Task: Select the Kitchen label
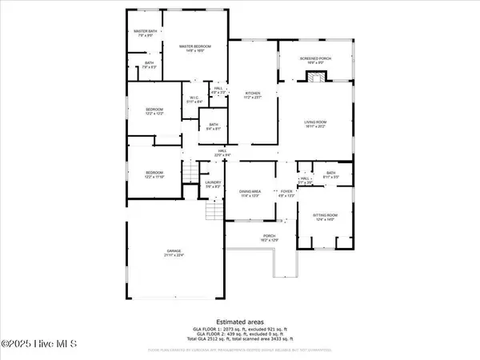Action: point(254,95)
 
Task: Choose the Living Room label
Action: point(315,123)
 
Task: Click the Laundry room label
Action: point(212,183)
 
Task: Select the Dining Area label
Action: point(251,193)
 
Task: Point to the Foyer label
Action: point(286,193)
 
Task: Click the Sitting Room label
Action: point(322,206)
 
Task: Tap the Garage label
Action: point(174,254)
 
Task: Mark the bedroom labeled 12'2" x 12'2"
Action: point(154,111)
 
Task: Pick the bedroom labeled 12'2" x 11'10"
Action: point(154,174)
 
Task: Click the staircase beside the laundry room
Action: point(213,211)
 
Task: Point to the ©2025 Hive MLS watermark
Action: point(38,346)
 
